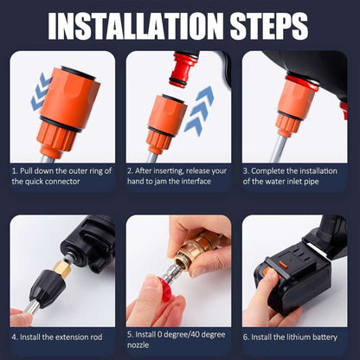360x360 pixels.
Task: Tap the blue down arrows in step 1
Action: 38,93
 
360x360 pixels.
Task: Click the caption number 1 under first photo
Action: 14,170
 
